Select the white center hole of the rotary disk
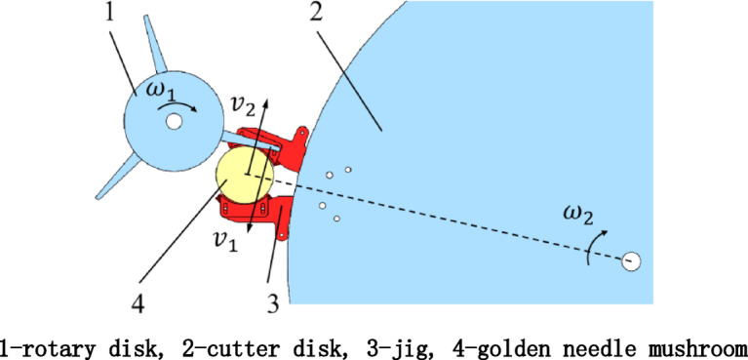click(x=174, y=122)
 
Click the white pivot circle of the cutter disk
click(x=631, y=260)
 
